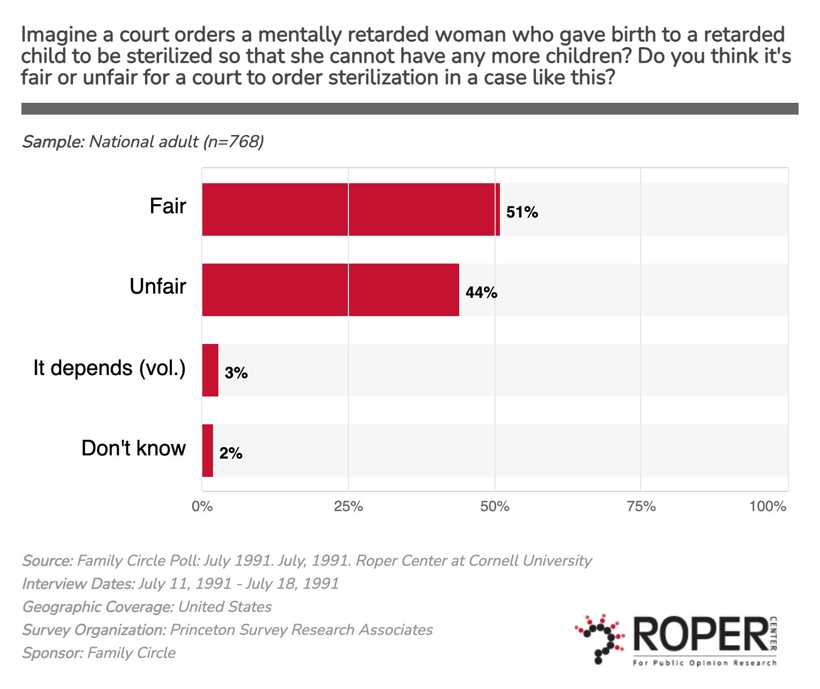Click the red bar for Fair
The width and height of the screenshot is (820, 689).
coord(351,209)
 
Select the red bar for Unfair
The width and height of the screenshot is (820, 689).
coord(330,290)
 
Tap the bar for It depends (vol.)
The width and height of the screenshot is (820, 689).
coord(210,370)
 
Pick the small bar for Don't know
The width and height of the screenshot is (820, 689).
coord(207,451)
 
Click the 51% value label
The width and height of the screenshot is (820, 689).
coord(522,213)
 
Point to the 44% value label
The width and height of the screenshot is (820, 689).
coord(481,293)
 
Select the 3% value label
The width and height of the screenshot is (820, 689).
coord(236,373)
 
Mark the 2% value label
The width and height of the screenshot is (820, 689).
coord(231,454)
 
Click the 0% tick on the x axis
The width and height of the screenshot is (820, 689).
coord(202,506)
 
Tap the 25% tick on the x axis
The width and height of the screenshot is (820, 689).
coord(348,506)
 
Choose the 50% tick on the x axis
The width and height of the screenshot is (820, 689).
coord(495,506)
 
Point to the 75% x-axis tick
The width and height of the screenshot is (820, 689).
coord(641,506)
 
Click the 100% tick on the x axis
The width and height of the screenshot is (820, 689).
coord(768,506)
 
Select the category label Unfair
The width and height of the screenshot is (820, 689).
coord(158,287)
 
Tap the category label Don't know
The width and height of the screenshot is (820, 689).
coord(133,448)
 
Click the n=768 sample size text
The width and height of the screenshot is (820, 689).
coord(234,142)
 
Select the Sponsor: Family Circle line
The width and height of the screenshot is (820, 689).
coord(98,653)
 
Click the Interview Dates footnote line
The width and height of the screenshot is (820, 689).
coord(180,583)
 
